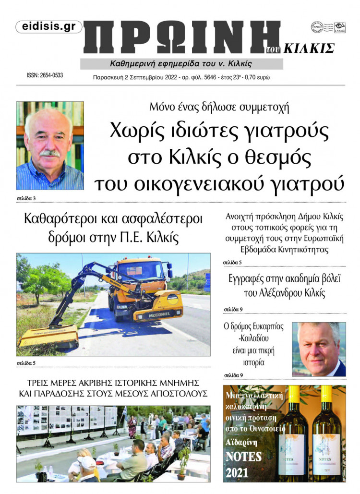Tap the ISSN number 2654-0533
(x=45, y=76)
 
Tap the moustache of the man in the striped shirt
(x=50, y=153)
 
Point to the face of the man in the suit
(x=317, y=346)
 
